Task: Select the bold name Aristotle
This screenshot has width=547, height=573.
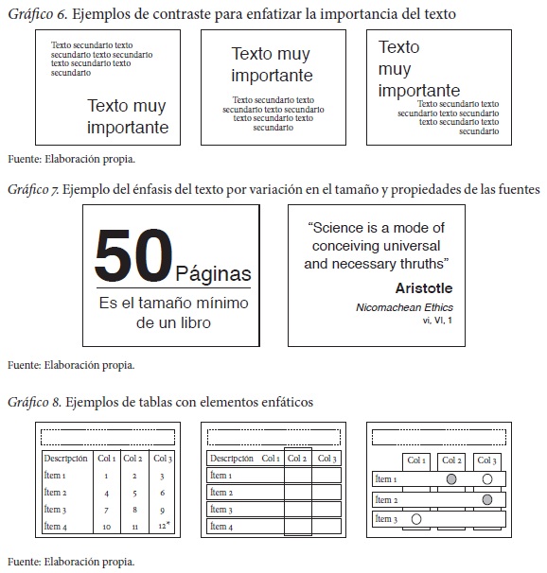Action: tap(424, 288)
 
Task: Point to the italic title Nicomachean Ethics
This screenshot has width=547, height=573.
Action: tap(404, 307)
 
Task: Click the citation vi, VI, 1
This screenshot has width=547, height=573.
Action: tap(437, 321)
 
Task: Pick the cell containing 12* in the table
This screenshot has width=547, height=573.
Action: tap(164, 526)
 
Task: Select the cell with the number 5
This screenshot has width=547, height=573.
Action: tap(134, 494)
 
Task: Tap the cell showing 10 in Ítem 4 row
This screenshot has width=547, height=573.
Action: tap(106, 527)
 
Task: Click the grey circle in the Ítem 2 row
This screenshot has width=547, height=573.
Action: tap(487, 499)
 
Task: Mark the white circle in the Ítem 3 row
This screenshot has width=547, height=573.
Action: tap(416, 519)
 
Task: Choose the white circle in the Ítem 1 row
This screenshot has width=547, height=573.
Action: tap(487, 479)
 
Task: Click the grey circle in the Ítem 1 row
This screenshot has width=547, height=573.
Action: tap(451, 479)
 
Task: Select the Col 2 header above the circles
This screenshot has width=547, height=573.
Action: tap(451, 460)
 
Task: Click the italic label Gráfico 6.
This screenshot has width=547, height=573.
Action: tap(38, 14)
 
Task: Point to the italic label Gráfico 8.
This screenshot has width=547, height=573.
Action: tap(34, 403)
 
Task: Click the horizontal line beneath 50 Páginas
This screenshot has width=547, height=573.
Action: tap(174, 288)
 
